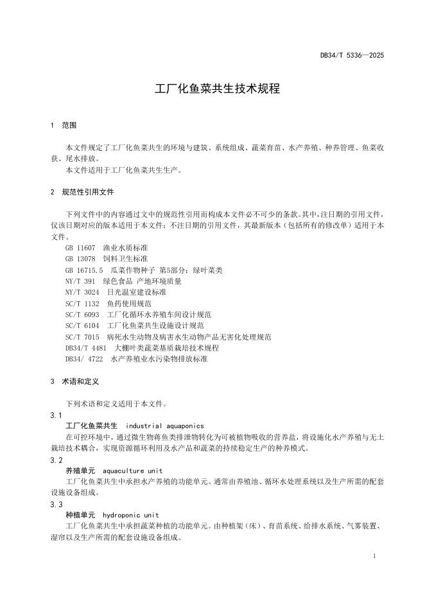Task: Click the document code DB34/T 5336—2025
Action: click(352, 56)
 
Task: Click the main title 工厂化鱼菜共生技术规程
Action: click(218, 89)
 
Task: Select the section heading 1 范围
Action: click(64, 125)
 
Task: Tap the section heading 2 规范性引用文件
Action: click(82, 192)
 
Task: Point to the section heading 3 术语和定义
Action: click(74, 381)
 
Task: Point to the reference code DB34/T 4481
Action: click(86, 348)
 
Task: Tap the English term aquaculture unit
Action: click(133, 471)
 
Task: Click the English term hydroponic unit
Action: click(131, 515)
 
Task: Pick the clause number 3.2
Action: click(56, 460)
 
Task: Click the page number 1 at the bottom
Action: click(374, 557)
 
